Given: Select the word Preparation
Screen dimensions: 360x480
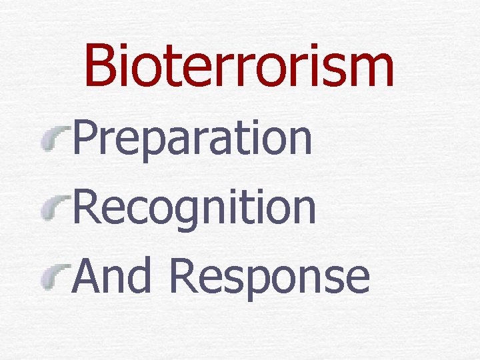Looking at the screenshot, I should click(192, 138).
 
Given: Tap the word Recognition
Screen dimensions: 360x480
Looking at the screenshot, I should click(193, 207).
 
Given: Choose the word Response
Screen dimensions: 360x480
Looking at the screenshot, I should click(269, 277).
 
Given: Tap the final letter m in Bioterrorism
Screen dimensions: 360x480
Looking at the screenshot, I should click(369, 72).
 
